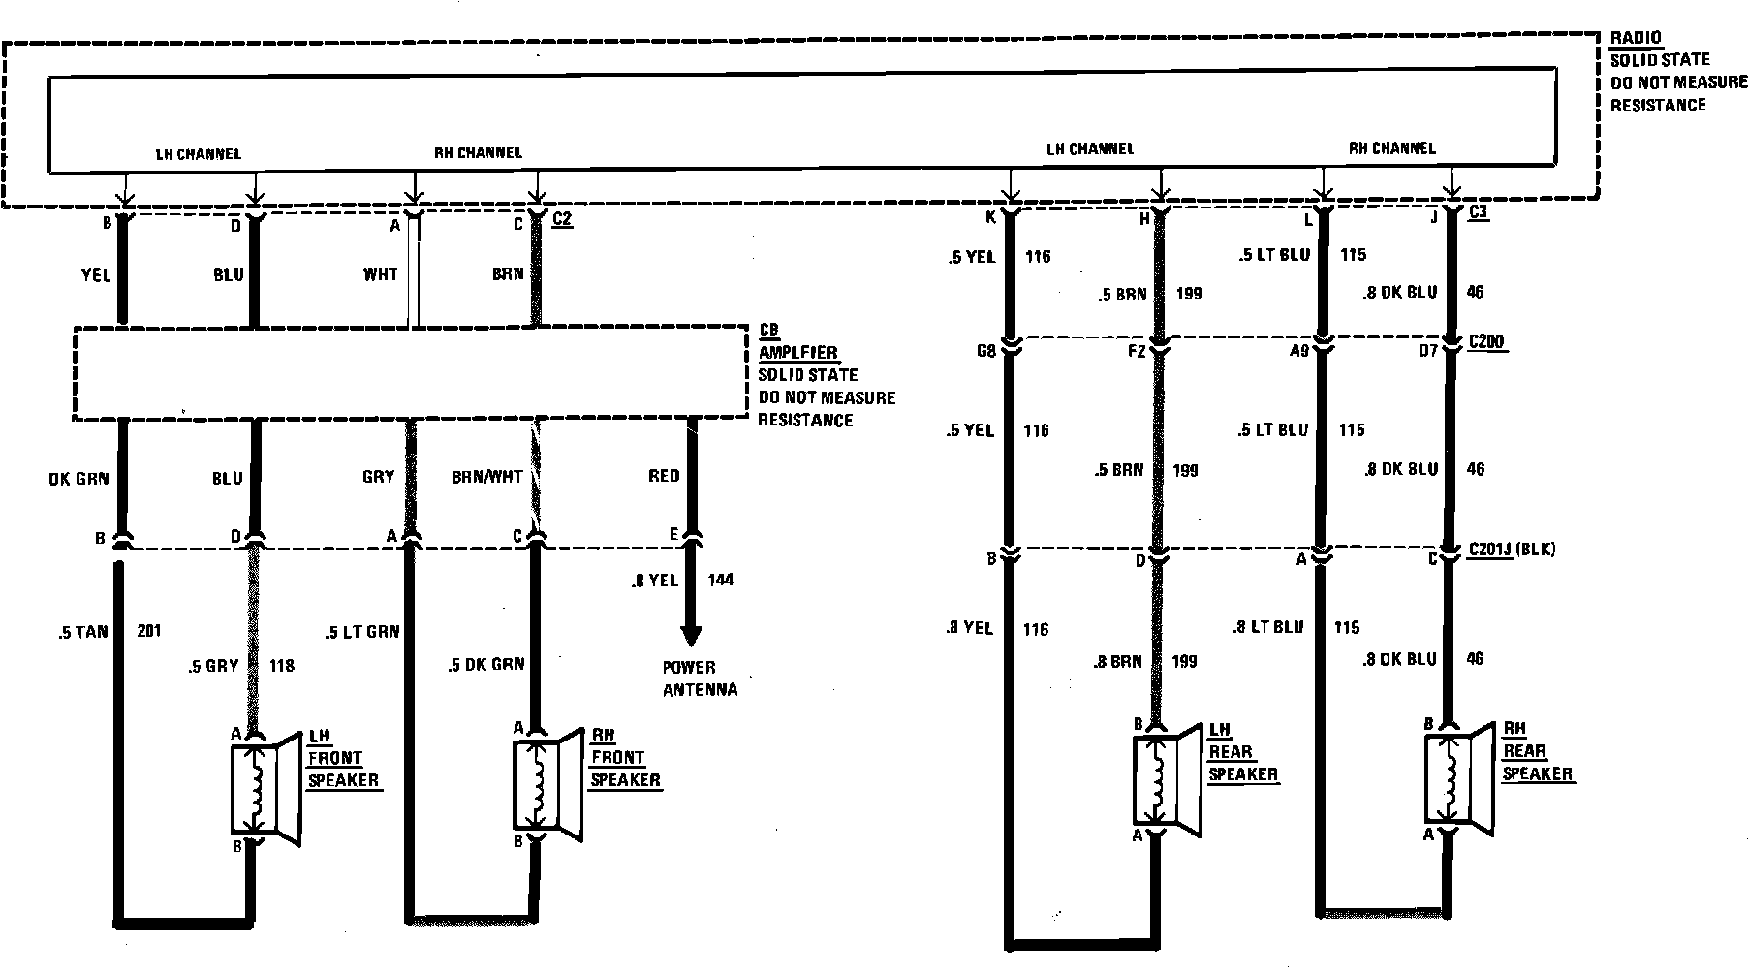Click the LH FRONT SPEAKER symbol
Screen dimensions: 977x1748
coord(264,788)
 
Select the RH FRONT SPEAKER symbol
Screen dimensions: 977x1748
coord(546,784)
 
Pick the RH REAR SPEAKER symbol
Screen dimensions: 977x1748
coord(1457,779)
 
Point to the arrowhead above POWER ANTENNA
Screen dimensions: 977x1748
coord(691,635)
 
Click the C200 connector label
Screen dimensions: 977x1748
coord(1486,343)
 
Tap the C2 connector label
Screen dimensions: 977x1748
coord(561,220)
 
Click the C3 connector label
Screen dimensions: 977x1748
coord(1479,213)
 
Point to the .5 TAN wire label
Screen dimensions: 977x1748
coord(83,632)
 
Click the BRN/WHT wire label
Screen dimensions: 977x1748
coord(486,477)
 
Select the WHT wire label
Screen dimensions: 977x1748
coord(380,274)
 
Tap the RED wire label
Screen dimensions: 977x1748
coord(664,476)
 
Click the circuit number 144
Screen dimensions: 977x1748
coord(720,580)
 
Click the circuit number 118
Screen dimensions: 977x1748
coord(281,665)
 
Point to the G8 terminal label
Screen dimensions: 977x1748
coord(985,351)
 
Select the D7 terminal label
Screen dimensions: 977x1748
coord(1427,351)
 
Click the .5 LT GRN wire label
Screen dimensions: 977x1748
coord(362,633)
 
